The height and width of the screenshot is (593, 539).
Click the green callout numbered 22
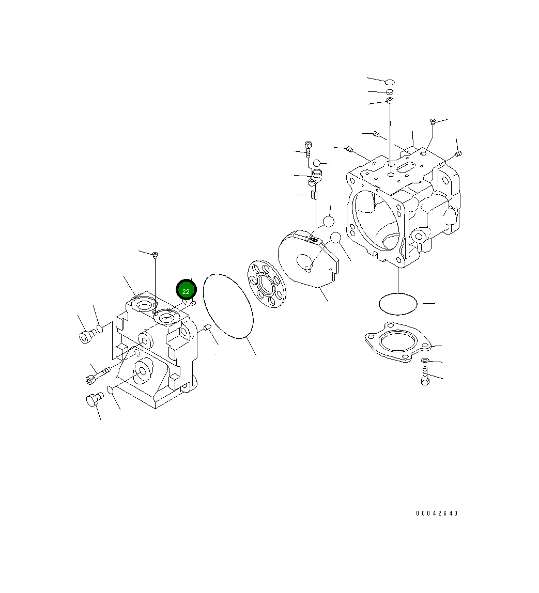(x=186, y=290)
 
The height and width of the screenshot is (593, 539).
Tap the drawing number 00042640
(x=437, y=513)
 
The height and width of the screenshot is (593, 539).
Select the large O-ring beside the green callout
(x=228, y=306)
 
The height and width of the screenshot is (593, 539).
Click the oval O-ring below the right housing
(x=398, y=304)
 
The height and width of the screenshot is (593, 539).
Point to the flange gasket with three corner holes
(x=397, y=341)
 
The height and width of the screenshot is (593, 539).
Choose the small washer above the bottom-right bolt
(x=425, y=360)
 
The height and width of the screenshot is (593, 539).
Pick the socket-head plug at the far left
(x=86, y=337)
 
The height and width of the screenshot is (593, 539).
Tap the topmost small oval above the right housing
(x=390, y=82)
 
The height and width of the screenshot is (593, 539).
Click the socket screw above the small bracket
(x=309, y=148)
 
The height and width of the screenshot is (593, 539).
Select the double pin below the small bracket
(x=313, y=195)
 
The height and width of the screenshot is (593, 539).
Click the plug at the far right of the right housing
(x=458, y=153)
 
